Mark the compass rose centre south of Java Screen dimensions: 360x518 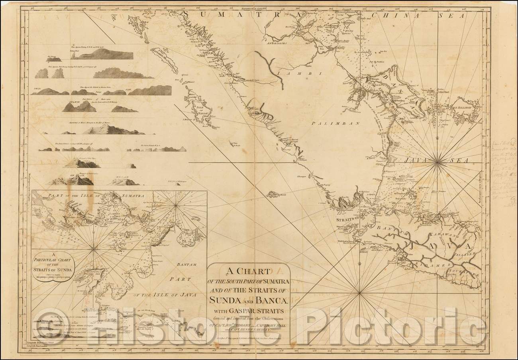pyautogui.click(x=360, y=294)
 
